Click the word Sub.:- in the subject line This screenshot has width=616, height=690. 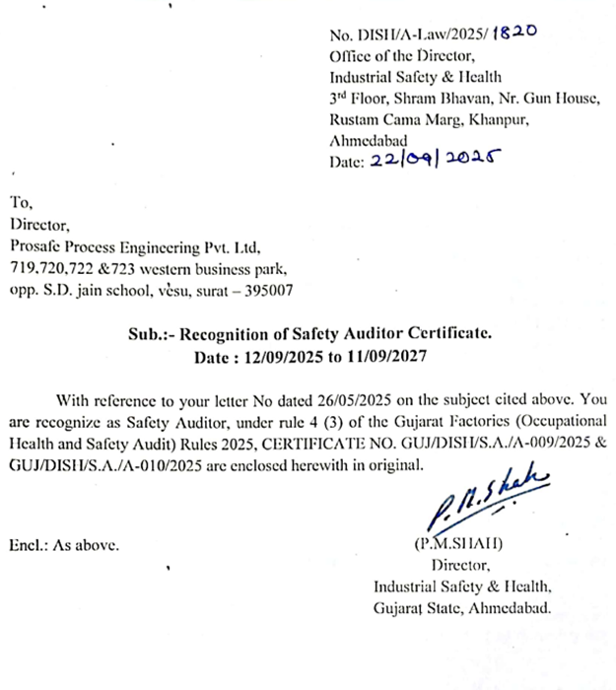[x=149, y=334]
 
